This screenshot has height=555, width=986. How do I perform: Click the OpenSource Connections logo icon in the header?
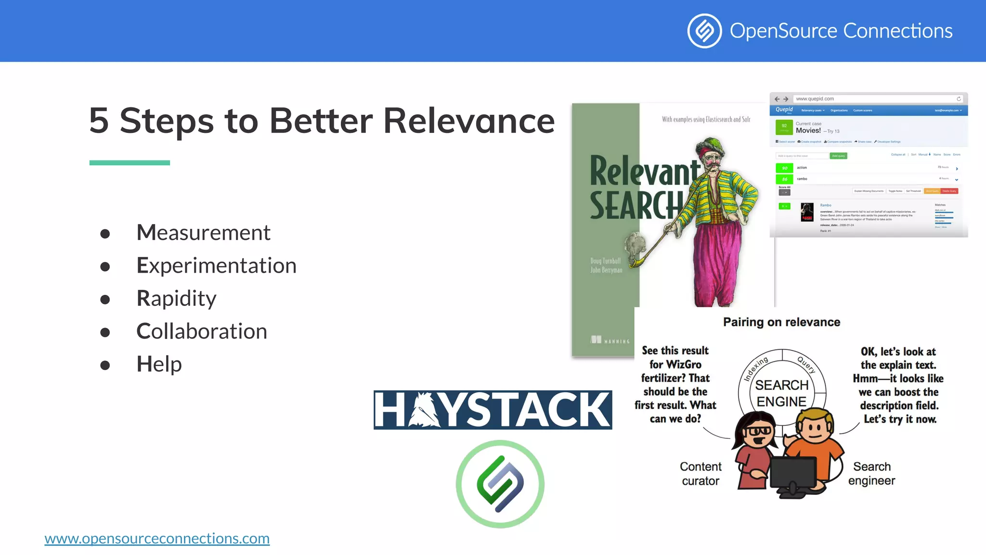coord(704,31)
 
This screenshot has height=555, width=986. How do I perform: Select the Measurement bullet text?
coord(203,233)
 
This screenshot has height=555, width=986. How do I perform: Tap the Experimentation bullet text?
coord(216,265)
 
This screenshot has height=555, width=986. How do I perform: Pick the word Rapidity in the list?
coord(176,298)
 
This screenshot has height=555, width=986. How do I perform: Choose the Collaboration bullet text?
coord(201,331)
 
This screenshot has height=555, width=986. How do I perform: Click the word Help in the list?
coord(159,364)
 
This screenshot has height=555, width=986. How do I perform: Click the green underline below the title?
coord(130,163)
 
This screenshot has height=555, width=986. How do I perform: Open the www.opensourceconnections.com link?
coord(157,538)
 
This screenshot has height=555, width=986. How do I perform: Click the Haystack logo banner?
coord(493,410)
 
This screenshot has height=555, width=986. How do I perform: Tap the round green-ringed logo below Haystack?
coord(500,484)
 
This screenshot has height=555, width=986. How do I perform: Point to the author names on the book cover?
coord(606,265)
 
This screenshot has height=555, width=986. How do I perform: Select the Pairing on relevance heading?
coord(781,322)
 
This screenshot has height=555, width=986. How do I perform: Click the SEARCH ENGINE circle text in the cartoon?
coord(781,393)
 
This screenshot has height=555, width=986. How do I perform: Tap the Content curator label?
coord(701,474)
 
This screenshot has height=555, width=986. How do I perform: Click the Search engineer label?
coord(871,474)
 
